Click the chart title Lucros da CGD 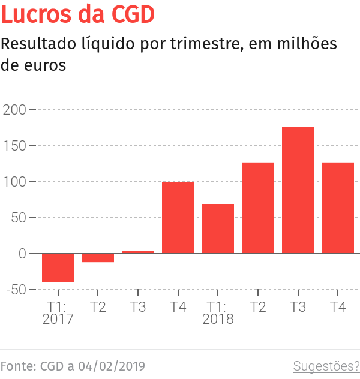(78, 14)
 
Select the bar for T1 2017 (58, 267)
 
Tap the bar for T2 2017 (98, 258)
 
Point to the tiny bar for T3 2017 (138, 252)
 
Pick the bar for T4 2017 (178, 217)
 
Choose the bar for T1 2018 (218, 228)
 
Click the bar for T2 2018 (258, 207)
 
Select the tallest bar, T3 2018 (298, 190)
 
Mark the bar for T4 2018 (338, 207)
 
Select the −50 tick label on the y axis (14, 290)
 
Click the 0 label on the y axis (22, 254)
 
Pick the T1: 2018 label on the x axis (218, 313)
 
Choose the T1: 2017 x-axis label (58, 313)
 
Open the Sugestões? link (326, 366)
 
